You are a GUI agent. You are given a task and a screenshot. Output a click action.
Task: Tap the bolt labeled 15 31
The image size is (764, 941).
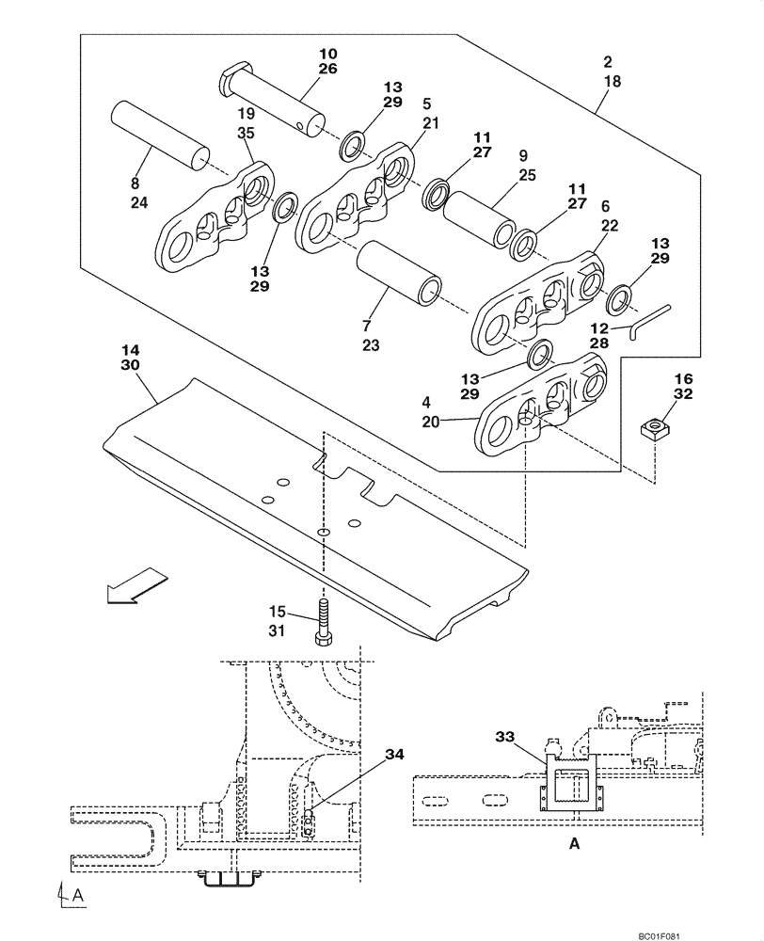coord(323,621)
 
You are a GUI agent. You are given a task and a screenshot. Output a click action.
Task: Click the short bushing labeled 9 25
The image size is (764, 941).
coord(479,215)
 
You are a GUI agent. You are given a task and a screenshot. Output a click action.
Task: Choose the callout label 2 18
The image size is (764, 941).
coord(612,72)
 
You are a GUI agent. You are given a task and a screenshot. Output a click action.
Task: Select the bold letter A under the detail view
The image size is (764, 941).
coord(574,845)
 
